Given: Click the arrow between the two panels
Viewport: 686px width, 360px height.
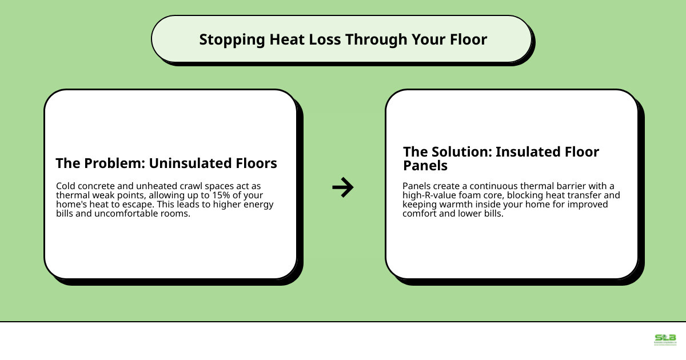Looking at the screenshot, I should (x=343, y=187).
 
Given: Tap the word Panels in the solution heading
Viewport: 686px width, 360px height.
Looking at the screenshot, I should (x=425, y=166).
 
